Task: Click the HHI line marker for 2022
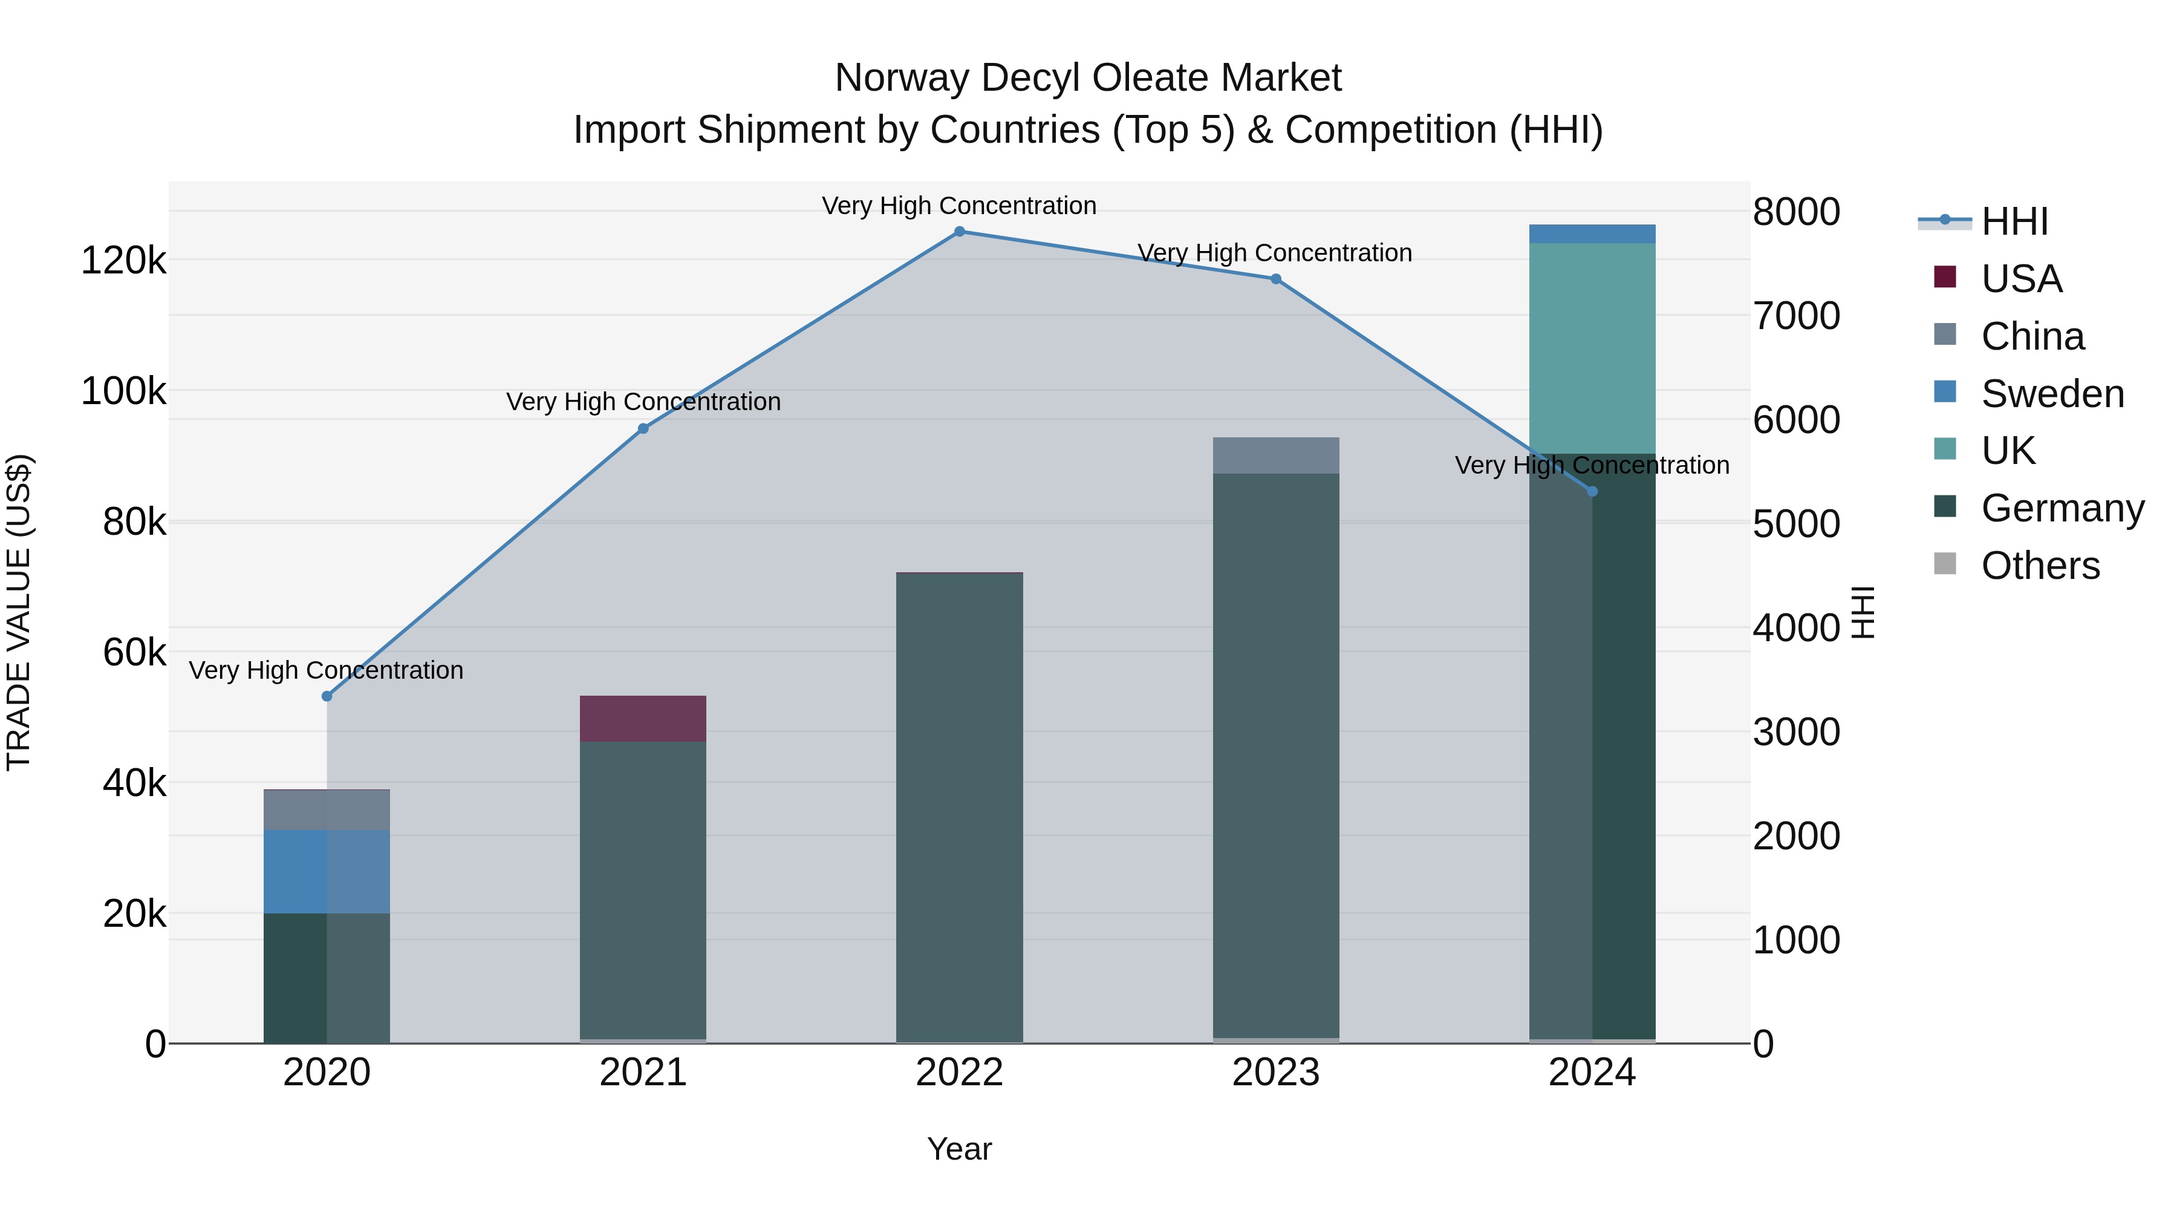pyautogui.click(x=959, y=232)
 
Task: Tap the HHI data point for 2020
pyautogui.click(x=327, y=696)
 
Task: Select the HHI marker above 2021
pyautogui.click(x=643, y=429)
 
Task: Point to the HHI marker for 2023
pyautogui.click(x=1276, y=279)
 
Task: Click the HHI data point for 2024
pyautogui.click(x=1592, y=491)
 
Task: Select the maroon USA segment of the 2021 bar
pyautogui.click(x=643, y=719)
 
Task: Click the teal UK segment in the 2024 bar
pyautogui.click(x=1592, y=348)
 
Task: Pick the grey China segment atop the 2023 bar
pyautogui.click(x=1276, y=456)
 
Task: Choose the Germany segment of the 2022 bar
pyautogui.click(x=959, y=808)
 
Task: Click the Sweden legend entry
pyautogui.click(x=2052, y=394)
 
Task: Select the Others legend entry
pyautogui.click(x=2040, y=566)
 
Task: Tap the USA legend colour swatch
pyautogui.click(x=1945, y=277)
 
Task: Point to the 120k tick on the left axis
pyautogui.click(x=123, y=260)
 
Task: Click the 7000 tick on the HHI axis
pyautogui.click(x=1797, y=316)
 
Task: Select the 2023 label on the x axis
pyautogui.click(x=1276, y=1073)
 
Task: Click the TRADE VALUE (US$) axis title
pyautogui.click(x=19, y=612)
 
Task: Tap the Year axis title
pyautogui.click(x=959, y=1149)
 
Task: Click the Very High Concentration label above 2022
pyautogui.click(x=959, y=206)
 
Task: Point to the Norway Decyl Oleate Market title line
pyautogui.click(x=1088, y=78)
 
